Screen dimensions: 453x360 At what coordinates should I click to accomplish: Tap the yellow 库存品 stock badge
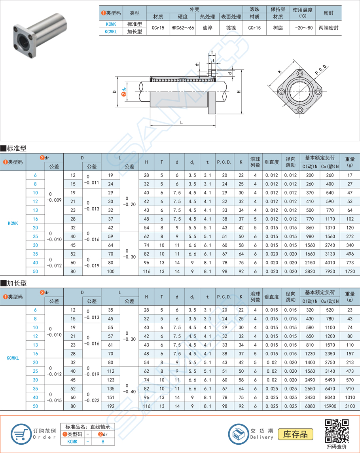coord(295,434)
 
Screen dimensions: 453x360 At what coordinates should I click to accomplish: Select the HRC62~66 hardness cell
coord(182,28)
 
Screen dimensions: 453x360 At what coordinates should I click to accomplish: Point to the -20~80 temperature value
coord(303,28)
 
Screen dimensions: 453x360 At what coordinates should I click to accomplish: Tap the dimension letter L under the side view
coord(181,123)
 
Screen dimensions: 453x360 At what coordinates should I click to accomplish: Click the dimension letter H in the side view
coord(239,92)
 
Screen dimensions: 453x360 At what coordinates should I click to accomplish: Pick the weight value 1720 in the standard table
coord(349,271)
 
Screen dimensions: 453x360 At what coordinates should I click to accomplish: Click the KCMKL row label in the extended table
coord(13,358)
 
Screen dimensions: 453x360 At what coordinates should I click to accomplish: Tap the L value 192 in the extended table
coord(110,406)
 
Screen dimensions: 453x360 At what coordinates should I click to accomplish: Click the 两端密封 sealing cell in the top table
coord(328,28)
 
